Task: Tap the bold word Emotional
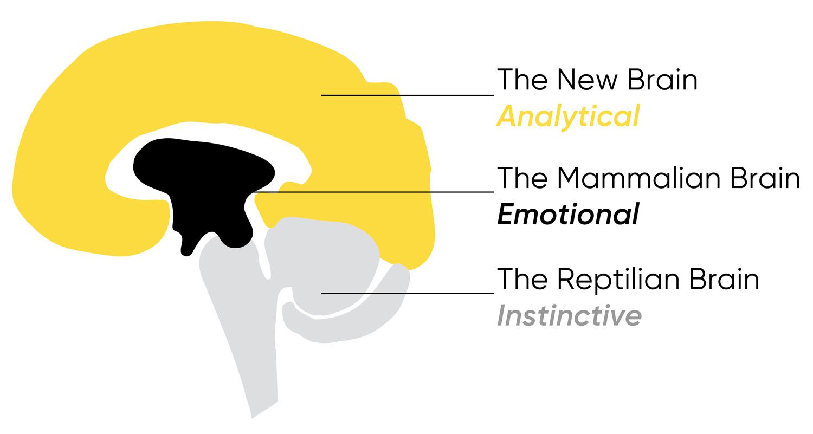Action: coord(568,215)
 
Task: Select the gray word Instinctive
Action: coord(569,315)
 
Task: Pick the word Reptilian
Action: coord(618,279)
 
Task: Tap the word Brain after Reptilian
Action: coord(724,279)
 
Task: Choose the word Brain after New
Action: coord(662,80)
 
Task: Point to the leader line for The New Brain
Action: coord(408,95)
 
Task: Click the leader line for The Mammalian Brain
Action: coord(374,192)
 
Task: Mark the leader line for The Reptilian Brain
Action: coord(408,293)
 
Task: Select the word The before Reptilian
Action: coord(522,279)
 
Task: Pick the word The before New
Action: coord(522,80)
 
